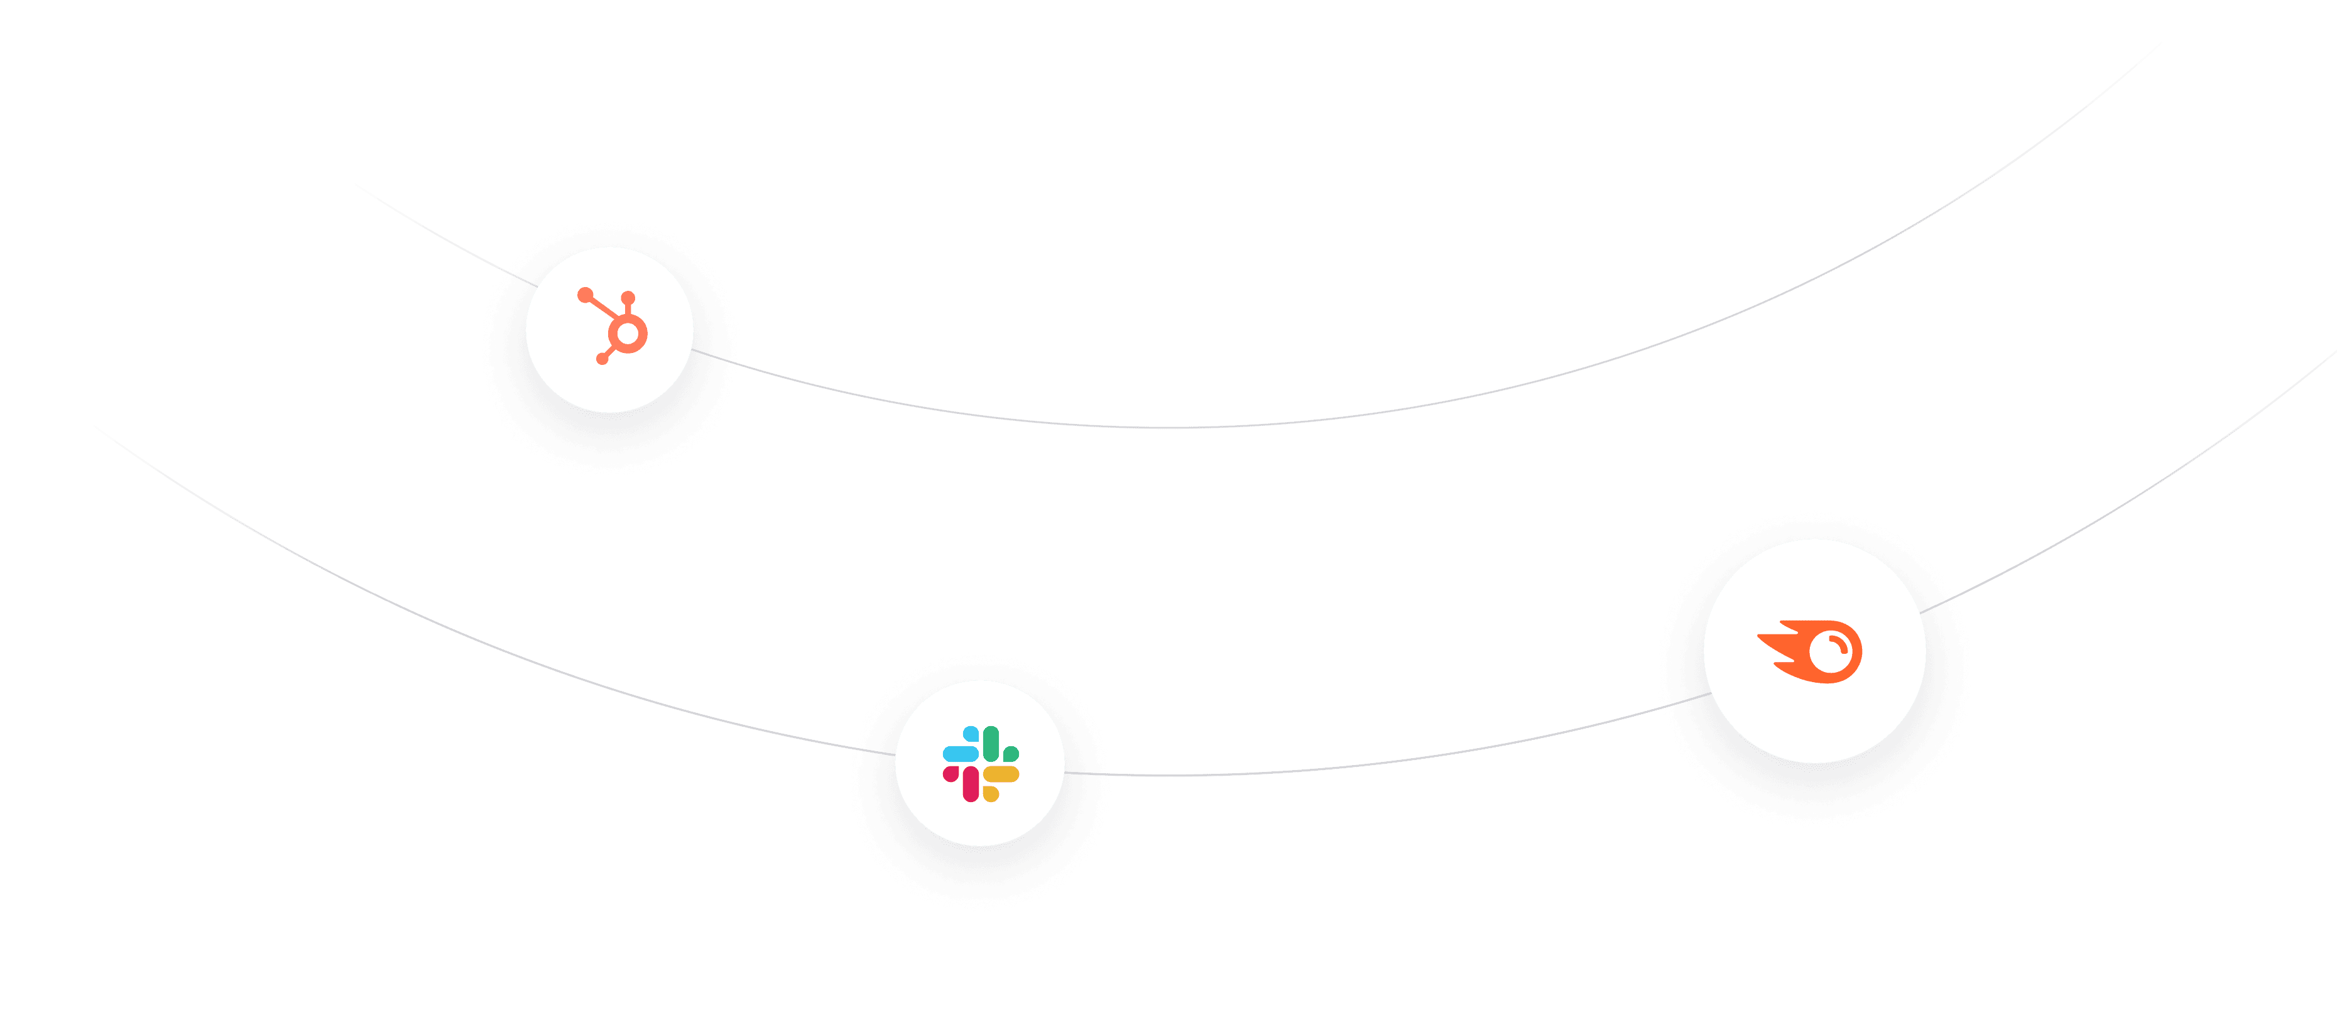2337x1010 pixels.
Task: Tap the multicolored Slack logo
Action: pyautogui.click(x=981, y=763)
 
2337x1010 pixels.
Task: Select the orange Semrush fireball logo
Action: pyautogui.click(x=1811, y=651)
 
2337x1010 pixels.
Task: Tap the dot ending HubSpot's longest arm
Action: pyautogui.click(x=585, y=294)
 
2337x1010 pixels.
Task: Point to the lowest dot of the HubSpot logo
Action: pyautogui.click(x=601, y=359)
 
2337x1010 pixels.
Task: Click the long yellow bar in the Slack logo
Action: pyautogui.click(x=1001, y=774)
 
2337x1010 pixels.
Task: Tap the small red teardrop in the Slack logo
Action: pyautogui.click(x=951, y=774)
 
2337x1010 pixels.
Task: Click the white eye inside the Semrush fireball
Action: pyautogui.click(x=1831, y=651)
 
